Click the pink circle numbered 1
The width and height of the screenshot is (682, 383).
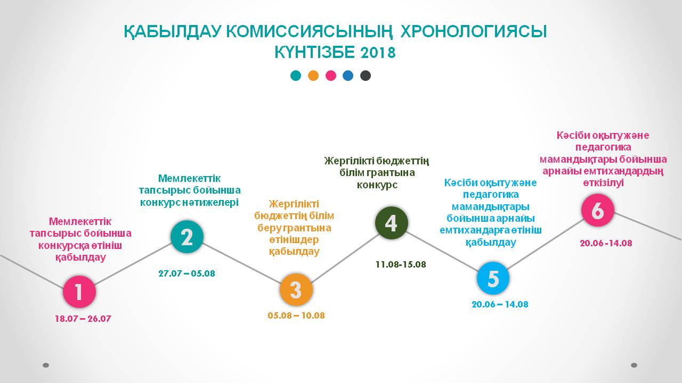click(79, 292)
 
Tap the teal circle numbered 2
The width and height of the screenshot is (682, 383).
click(187, 237)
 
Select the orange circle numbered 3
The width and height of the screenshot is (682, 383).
click(296, 290)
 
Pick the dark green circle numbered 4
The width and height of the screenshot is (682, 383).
click(391, 223)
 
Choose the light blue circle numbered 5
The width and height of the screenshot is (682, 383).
click(493, 278)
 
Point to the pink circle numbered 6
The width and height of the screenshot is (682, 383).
click(598, 210)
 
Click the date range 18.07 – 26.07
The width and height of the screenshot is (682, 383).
click(83, 319)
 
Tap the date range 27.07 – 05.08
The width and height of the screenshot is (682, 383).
click(186, 273)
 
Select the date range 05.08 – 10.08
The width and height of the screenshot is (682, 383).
click(296, 315)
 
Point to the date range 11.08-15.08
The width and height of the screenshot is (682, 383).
click(401, 264)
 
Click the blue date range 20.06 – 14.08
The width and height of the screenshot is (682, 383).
click(500, 304)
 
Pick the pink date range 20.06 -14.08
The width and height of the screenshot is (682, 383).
click(606, 243)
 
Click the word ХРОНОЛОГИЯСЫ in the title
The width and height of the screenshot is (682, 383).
click(474, 31)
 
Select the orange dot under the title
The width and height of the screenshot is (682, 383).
click(313, 76)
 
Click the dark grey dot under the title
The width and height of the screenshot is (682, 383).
click(366, 76)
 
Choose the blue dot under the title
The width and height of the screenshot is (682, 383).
click(348, 76)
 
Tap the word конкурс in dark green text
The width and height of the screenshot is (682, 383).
click(377, 185)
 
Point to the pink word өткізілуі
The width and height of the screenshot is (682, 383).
click(604, 183)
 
